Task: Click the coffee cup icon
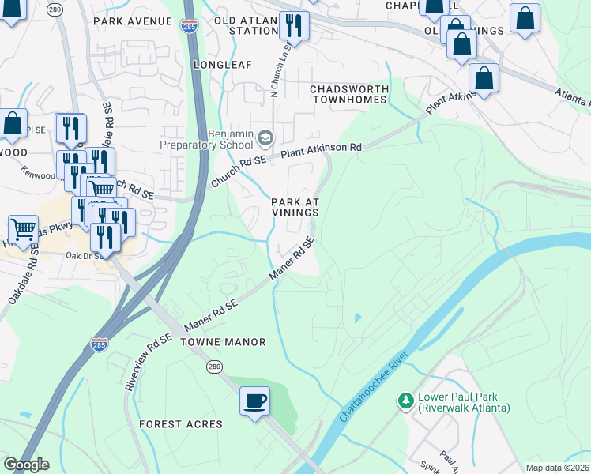tap(254, 401)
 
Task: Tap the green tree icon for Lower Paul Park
tap(406, 401)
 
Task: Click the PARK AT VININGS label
tap(295, 208)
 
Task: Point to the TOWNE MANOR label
tap(223, 342)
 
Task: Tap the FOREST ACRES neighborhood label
tap(181, 424)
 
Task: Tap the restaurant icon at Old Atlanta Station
tap(294, 27)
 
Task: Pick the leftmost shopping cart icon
tap(23, 229)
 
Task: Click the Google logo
tap(26, 465)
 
